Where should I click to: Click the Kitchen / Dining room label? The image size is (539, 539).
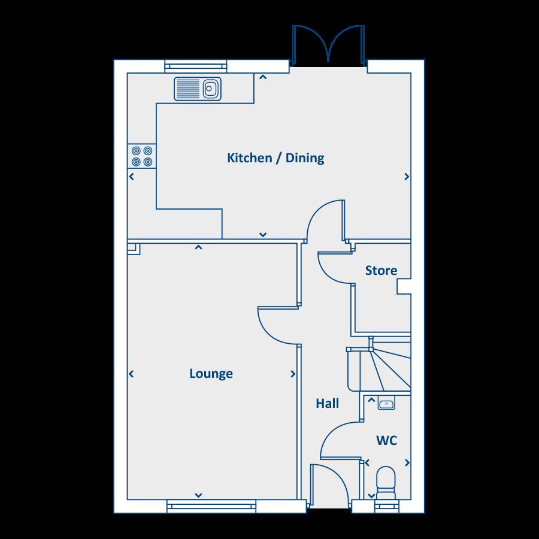coord(275,158)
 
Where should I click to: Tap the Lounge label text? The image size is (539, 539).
coord(211,374)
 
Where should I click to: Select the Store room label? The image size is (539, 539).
coord(381,271)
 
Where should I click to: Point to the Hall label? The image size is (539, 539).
coord(328,404)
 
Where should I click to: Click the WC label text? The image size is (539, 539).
coord(386,441)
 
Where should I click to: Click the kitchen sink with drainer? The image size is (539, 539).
coord(198,89)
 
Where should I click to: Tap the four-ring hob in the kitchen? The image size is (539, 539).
coord(142,156)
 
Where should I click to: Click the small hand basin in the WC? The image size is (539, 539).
coord(387,404)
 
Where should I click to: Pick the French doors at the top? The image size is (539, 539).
coord(328,46)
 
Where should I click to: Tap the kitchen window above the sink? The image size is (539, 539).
coord(196,66)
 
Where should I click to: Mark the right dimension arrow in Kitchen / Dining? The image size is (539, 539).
coord(407,177)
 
